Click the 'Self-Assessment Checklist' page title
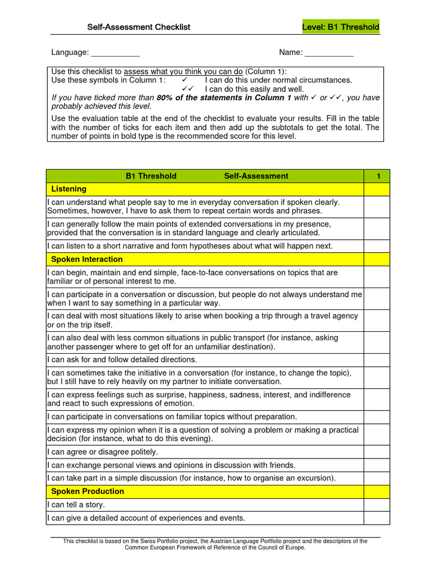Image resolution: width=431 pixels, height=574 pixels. [139, 27]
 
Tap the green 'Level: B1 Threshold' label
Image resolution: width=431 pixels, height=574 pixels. [341, 27]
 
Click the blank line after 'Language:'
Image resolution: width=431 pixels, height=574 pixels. [115, 53]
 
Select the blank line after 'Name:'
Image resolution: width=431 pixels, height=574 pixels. [329, 53]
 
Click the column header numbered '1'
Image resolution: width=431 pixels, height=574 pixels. [378, 176]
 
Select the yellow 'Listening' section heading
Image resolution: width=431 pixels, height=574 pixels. [68, 189]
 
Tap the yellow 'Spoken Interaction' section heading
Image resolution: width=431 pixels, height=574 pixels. [86, 260]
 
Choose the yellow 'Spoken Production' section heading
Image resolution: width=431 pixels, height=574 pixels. [88, 492]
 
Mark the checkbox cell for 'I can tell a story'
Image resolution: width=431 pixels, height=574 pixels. [377, 505]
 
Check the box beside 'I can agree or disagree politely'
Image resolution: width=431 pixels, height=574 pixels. [377, 452]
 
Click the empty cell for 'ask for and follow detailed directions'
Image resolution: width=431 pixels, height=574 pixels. [377, 360]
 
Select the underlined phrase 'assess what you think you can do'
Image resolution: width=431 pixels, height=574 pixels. [183, 72]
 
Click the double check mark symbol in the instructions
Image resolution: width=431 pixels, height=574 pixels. [187, 89]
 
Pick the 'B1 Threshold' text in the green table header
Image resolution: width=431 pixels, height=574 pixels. [151, 176]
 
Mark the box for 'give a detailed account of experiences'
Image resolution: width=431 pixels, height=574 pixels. [377, 518]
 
